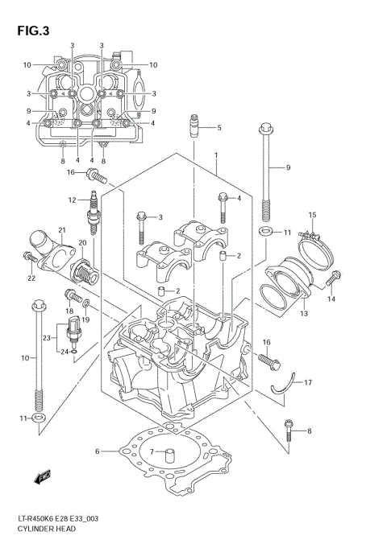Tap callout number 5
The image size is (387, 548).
[x=218, y=127]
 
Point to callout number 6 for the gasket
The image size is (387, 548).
[x=98, y=451]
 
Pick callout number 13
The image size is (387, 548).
[x=303, y=314]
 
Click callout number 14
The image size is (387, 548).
[x=331, y=299]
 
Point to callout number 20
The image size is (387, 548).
[x=82, y=242]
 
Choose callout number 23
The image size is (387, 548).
[x=48, y=337]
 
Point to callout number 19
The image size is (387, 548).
[x=85, y=319]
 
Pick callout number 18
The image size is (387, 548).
[x=69, y=311]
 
